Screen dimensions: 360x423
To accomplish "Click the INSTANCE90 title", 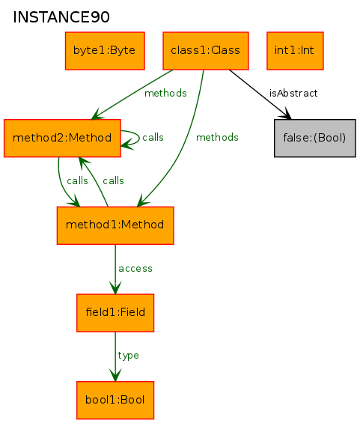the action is pos(61,17).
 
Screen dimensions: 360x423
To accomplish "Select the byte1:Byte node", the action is pos(105,51).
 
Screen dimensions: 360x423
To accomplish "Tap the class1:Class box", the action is pos(206,51).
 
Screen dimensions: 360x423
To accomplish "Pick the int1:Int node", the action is pos(295,51).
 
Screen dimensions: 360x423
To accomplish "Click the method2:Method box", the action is pos(62,138).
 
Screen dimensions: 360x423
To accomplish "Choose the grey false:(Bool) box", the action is pos(314,138).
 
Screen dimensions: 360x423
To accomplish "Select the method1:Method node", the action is pos(115,225).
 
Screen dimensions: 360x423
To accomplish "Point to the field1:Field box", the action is pos(115,313).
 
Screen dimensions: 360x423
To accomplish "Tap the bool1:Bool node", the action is pos(115,401).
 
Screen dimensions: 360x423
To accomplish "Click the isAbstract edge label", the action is pos(293,94).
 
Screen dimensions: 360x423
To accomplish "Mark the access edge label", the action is pos(135,269).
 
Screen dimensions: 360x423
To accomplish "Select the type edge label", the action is pos(129,356).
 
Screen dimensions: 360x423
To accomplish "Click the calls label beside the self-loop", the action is pos(153,137).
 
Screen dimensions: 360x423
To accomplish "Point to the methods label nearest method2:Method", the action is pos(165,94).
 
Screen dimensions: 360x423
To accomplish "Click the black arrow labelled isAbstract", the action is pos(260,94).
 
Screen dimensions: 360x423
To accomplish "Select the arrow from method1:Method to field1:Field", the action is pos(115,270).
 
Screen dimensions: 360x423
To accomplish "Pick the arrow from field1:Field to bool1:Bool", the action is pos(115,356).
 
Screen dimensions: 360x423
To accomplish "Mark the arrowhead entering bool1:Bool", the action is pos(115,375).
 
